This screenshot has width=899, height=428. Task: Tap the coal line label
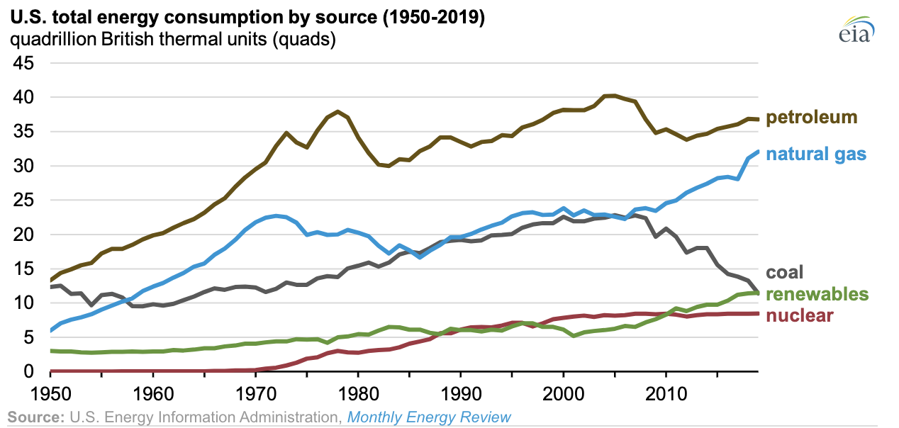(785, 273)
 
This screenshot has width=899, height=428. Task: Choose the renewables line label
(817, 294)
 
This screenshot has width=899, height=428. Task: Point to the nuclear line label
(800, 315)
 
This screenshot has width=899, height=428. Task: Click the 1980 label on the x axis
(358, 390)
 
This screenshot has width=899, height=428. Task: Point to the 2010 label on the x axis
(665, 390)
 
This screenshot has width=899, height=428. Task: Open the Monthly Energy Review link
(429, 416)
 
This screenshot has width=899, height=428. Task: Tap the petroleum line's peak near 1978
(338, 111)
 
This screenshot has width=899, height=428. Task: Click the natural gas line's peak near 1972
(276, 215)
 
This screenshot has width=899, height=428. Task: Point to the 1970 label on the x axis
(256, 390)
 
